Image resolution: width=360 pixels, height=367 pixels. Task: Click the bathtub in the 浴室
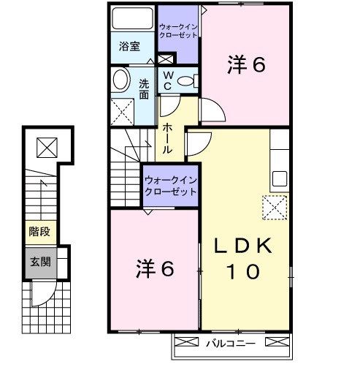pyautogui.click(x=132, y=18)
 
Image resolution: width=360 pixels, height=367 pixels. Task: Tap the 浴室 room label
pyautogui.click(x=129, y=46)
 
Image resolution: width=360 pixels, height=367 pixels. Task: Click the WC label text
pyautogui.click(x=168, y=80)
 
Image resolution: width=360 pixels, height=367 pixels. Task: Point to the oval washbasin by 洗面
pyautogui.click(x=120, y=80)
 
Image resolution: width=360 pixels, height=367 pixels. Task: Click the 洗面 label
pyautogui.click(x=144, y=89)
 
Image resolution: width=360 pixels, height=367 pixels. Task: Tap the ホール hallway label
pyautogui.click(x=167, y=138)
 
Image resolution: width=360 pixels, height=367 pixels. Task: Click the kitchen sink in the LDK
pyautogui.click(x=280, y=178)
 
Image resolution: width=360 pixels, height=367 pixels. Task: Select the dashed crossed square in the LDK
pyautogui.click(x=275, y=208)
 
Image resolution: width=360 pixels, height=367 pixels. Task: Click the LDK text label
pyautogui.click(x=242, y=246)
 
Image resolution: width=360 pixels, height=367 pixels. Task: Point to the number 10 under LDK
pyautogui.click(x=243, y=271)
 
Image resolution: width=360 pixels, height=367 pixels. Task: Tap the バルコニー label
pyautogui.click(x=231, y=344)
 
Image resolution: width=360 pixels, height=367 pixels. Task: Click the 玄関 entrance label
pyautogui.click(x=40, y=262)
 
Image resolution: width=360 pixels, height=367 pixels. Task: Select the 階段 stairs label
pyautogui.click(x=39, y=231)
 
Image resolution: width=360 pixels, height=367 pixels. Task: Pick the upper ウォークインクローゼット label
pyautogui.click(x=178, y=31)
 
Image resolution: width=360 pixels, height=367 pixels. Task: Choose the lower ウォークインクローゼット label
pyautogui.click(x=171, y=186)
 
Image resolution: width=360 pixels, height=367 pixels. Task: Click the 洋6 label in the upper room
pyautogui.click(x=246, y=64)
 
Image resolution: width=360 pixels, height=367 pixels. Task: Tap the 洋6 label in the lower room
pyautogui.click(x=155, y=268)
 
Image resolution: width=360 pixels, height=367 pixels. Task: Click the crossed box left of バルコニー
pyautogui.click(x=187, y=341)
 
